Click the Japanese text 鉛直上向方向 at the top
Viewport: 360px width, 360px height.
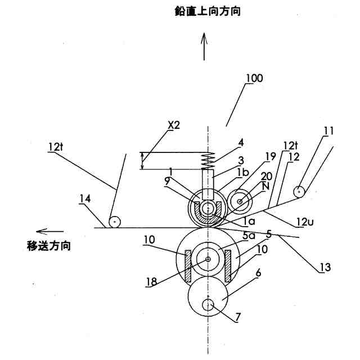(x=208, y=11)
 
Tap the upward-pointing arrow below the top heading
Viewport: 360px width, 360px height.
(x=204, y=45)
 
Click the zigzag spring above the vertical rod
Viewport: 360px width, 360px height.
(x=209, y=160)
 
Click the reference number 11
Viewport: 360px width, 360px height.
(x=328, y=131)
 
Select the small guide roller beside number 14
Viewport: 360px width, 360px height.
(x=115, y=222)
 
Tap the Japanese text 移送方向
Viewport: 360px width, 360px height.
(x=49, y=245)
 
